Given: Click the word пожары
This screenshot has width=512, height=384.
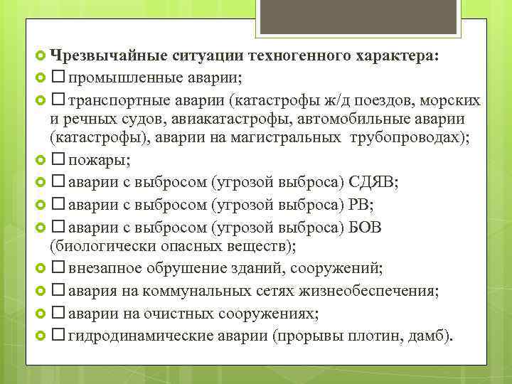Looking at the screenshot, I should pos(94,159).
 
